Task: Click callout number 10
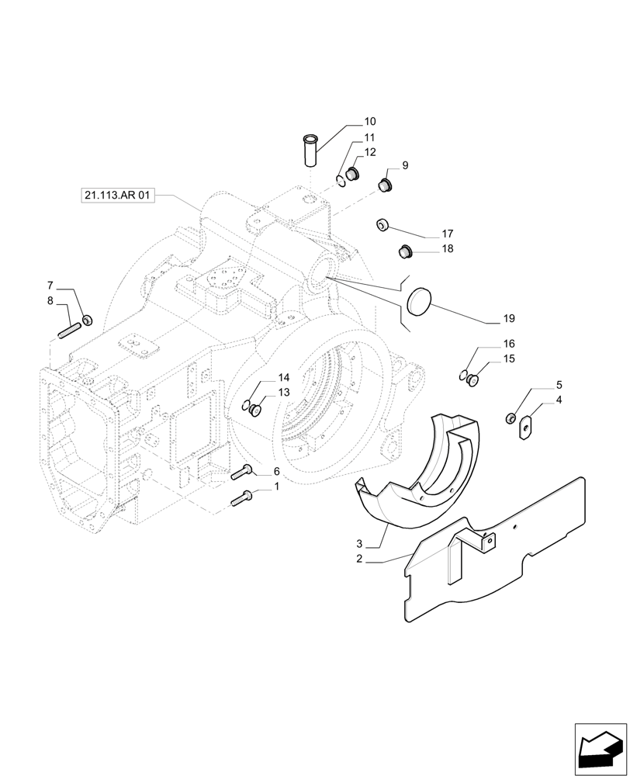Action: tap(369, 122)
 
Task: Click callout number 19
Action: tap(509, 318)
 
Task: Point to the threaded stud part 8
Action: tap(69, 331)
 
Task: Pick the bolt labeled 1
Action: tap(241, 498)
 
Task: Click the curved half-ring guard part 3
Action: tap(419, 481)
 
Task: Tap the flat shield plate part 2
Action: tap(497, 559)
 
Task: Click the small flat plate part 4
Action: tap(525, 425)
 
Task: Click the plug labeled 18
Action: tap(403, 251)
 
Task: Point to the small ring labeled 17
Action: tap(382, 224)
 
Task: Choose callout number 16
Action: tap(509, 344)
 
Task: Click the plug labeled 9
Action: tap(385, 185)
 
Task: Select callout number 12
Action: tap(370, 152)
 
